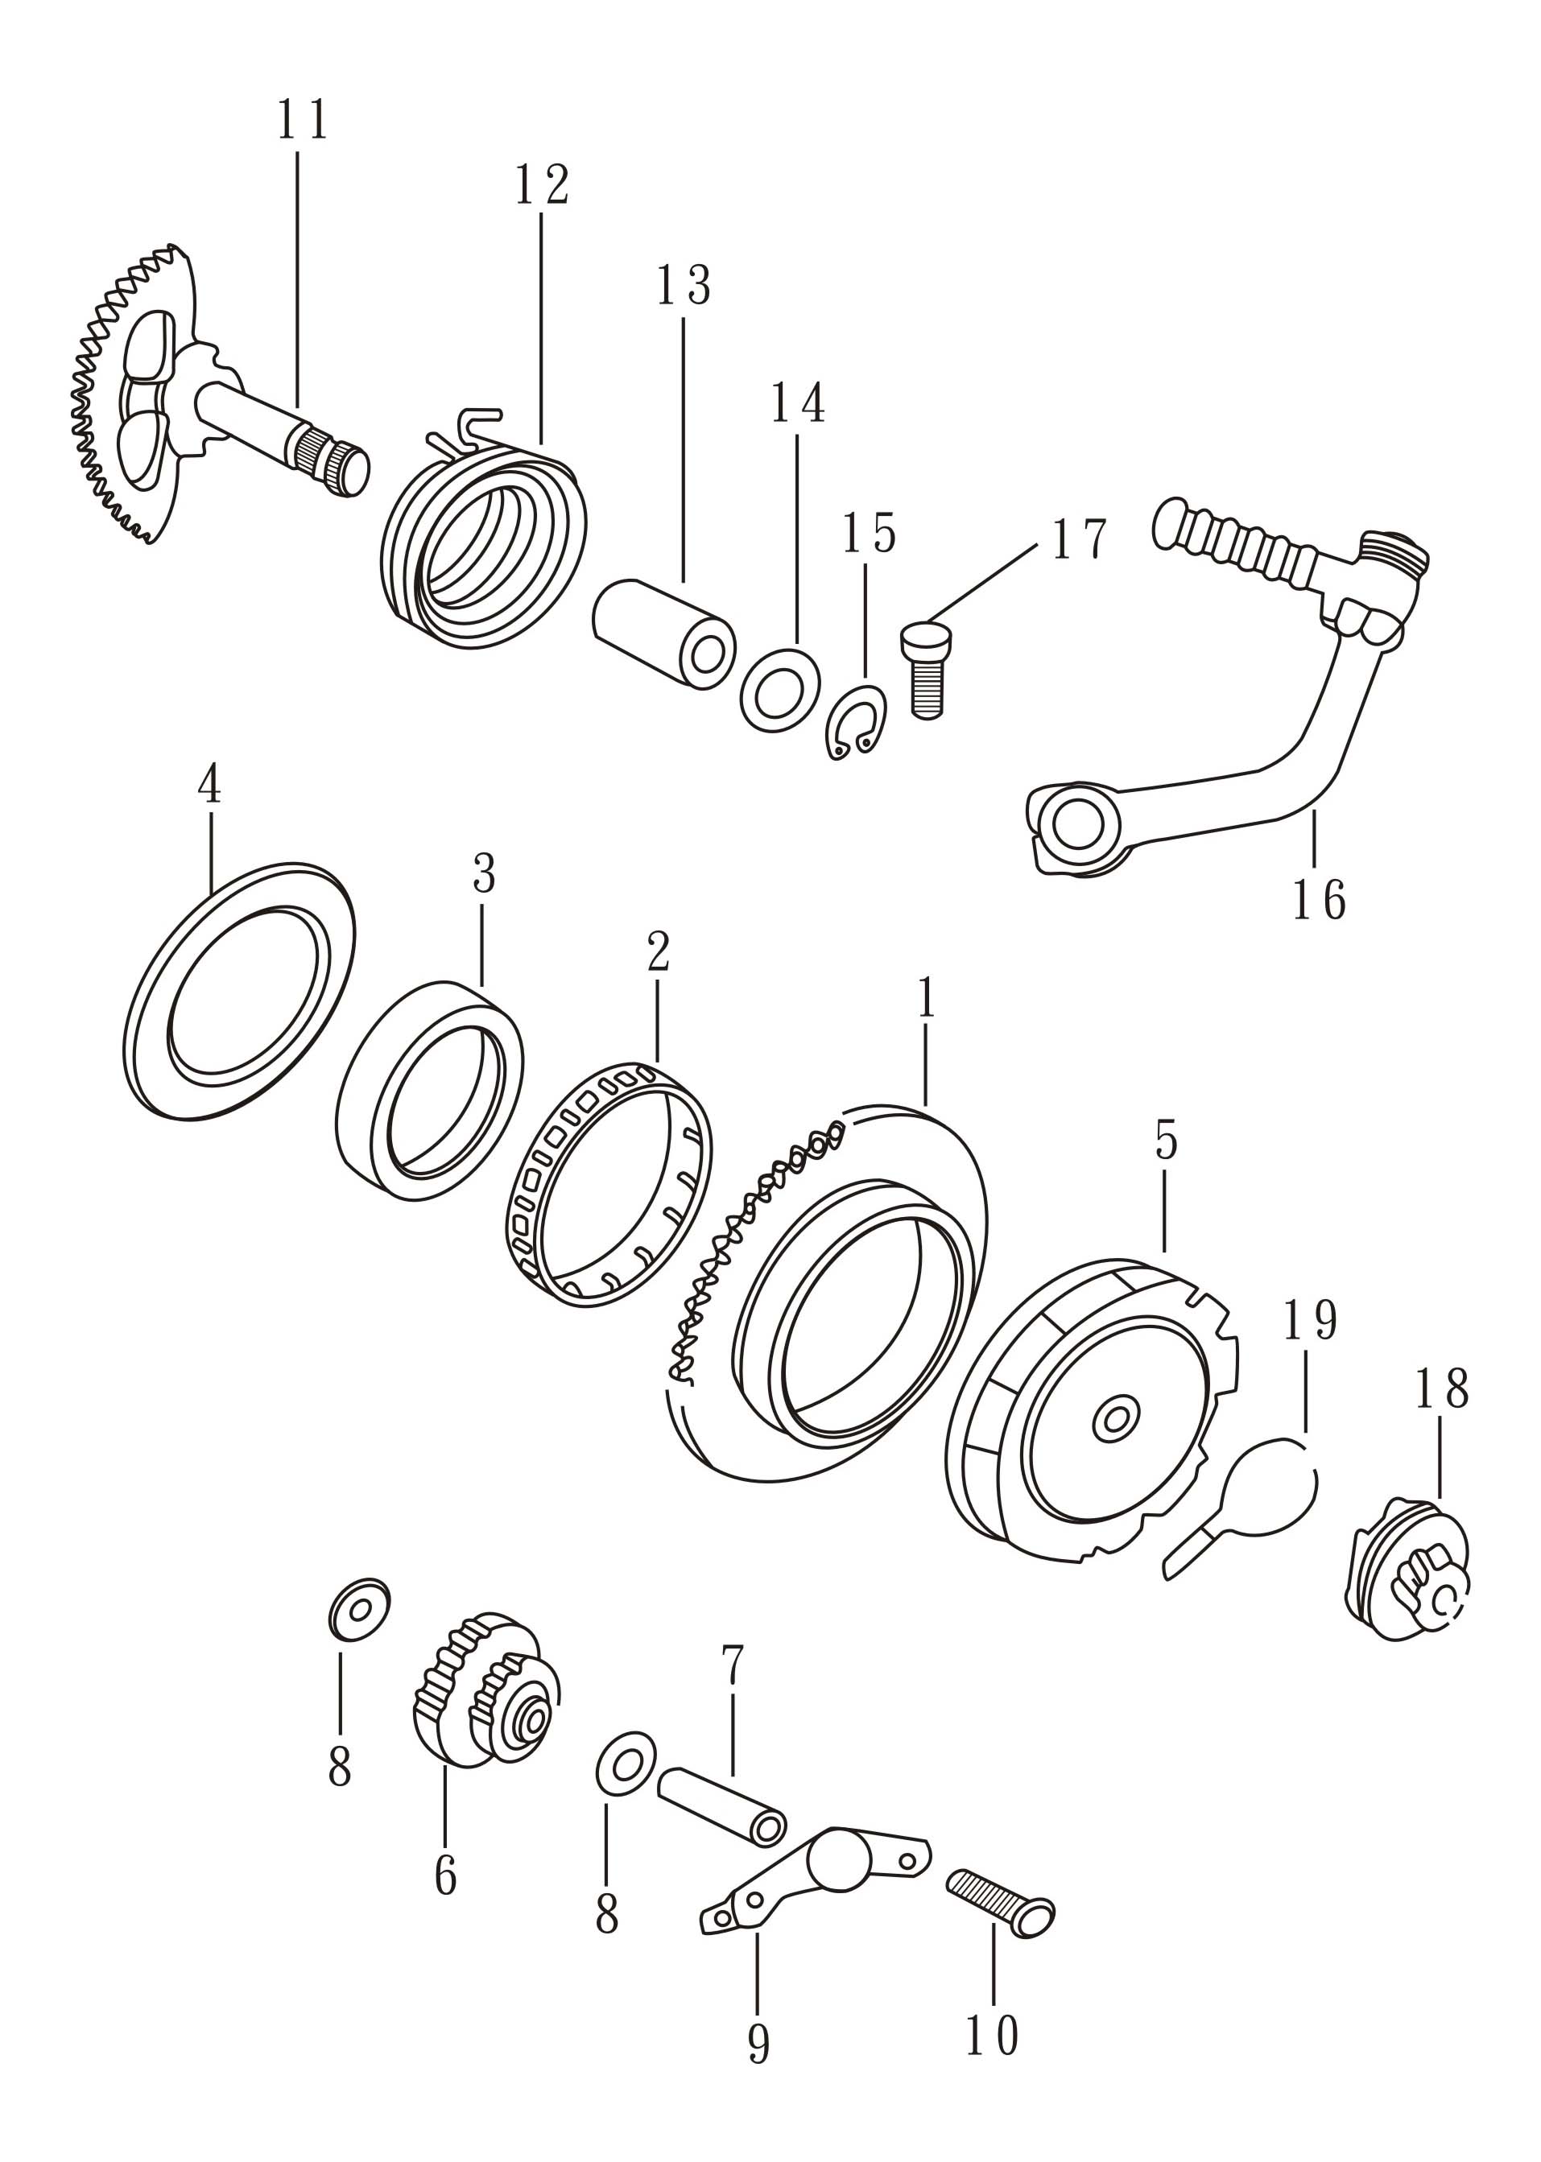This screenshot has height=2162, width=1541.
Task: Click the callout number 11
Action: pyautogui.click(x=303, y=121)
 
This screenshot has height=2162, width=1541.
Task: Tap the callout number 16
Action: pyautogui.click(x=1318, y=900)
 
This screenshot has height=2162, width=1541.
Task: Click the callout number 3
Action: pyautogui.click(x=484, y=873)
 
